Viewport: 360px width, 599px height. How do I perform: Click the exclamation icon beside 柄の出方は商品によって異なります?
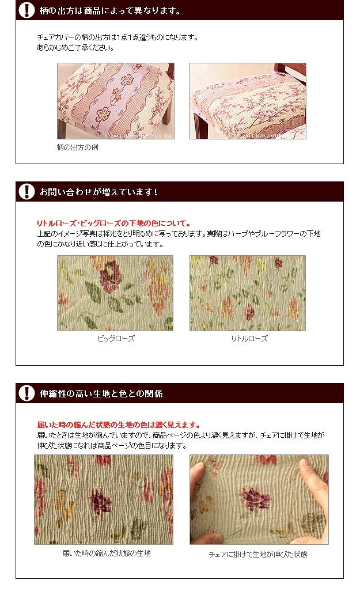click(x=26, y=10)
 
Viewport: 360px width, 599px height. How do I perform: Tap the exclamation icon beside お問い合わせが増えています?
click(x=26, y=191)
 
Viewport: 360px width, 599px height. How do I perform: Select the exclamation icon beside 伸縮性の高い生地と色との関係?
click(x=26, y=393)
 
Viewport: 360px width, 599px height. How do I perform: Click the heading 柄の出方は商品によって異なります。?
click(x=111, y=11)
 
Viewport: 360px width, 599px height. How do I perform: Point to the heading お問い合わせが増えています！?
click(x=98, y=192)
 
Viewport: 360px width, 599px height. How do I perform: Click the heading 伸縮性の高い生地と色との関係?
click(x=101, y=393)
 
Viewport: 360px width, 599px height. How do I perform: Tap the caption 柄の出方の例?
click(x=78, y=147)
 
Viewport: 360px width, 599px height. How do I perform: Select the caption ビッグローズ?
click(x=116, y=339)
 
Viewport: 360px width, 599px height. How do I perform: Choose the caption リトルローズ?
click(x=249, y=339)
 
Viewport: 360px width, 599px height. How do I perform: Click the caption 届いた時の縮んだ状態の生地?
click(x=107, y=553)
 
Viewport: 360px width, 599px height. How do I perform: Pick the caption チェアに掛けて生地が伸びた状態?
click(x=258, y=554)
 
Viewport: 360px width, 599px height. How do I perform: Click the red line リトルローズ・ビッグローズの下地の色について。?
click(x=114, y=223)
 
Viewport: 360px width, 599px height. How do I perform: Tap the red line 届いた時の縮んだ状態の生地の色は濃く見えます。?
click(x=119, y=425)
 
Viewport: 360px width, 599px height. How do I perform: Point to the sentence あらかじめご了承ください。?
click(x=75, y=48)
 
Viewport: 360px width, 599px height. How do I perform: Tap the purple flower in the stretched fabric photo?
click(x=255, y=498)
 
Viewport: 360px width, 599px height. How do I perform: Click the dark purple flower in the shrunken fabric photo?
click(x=100, y=501)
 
